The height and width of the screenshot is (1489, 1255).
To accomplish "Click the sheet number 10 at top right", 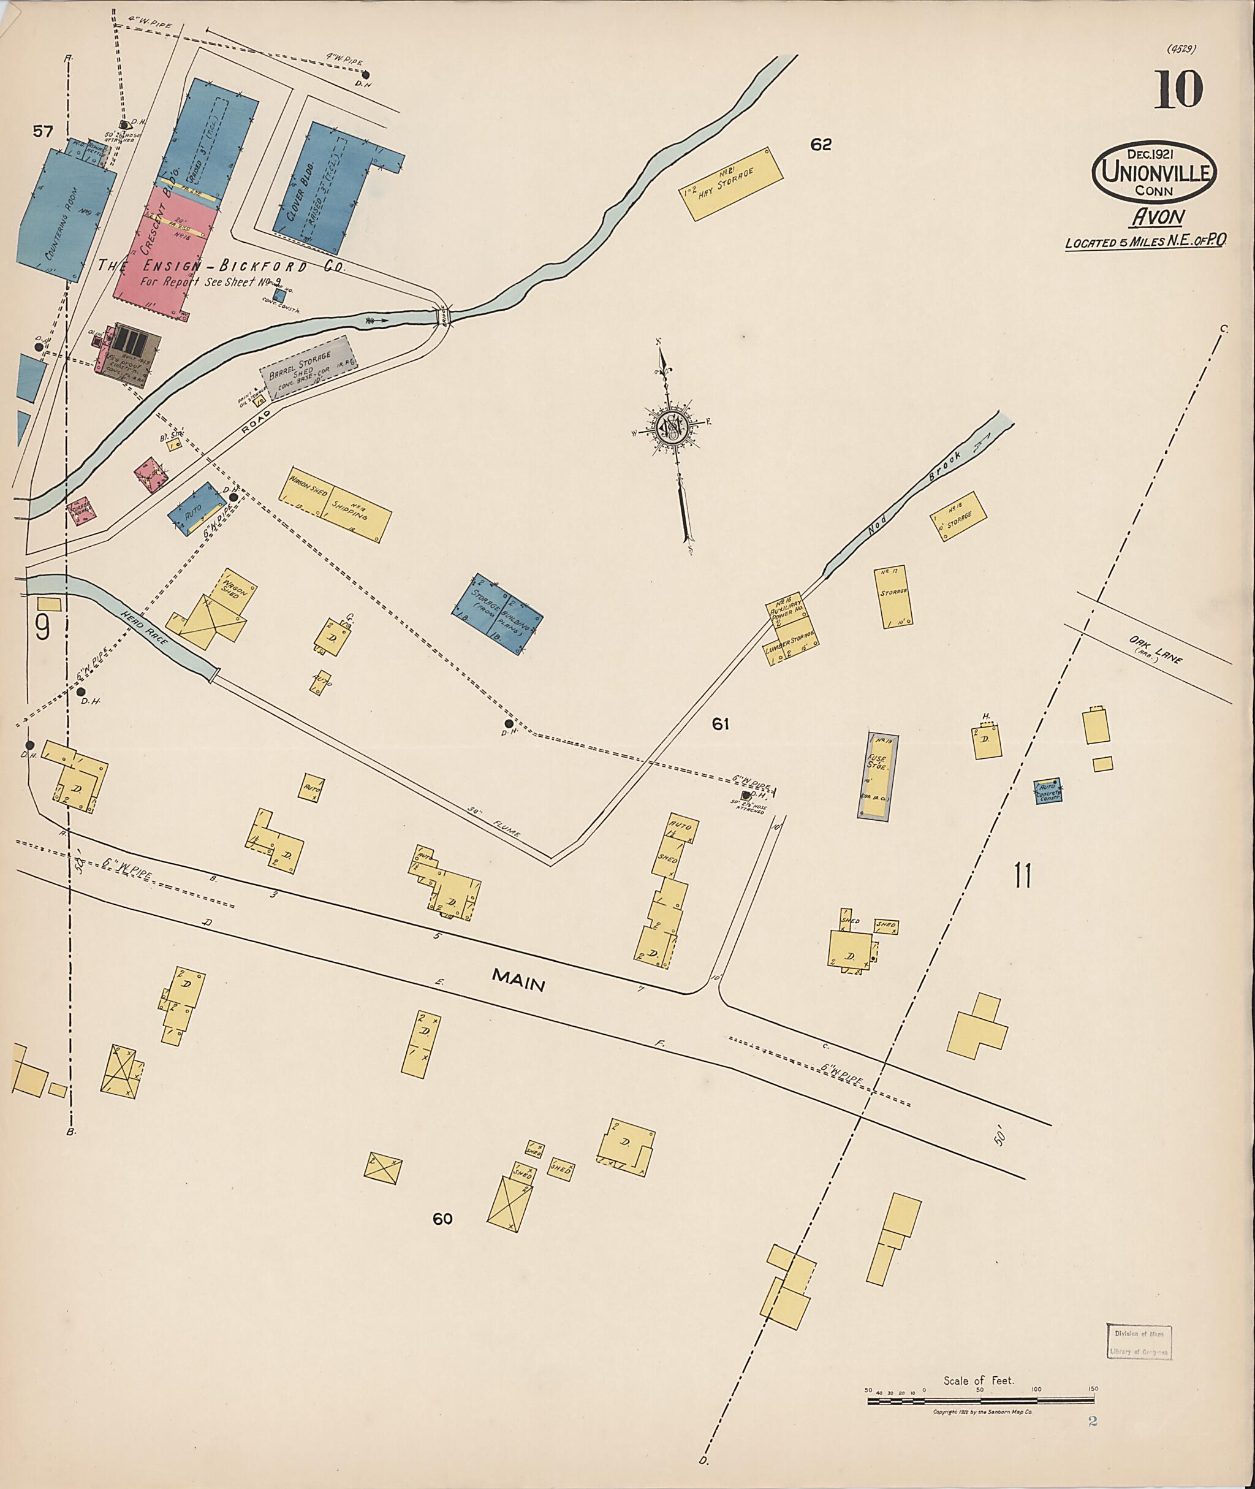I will click(x=1178, y=89).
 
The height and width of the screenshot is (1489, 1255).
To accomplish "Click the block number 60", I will click(x=442, y=1219).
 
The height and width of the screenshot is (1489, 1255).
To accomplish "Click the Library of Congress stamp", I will click(x=1139, y=1342).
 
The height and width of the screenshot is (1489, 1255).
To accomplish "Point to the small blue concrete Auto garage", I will click(x=1047, y=790).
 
